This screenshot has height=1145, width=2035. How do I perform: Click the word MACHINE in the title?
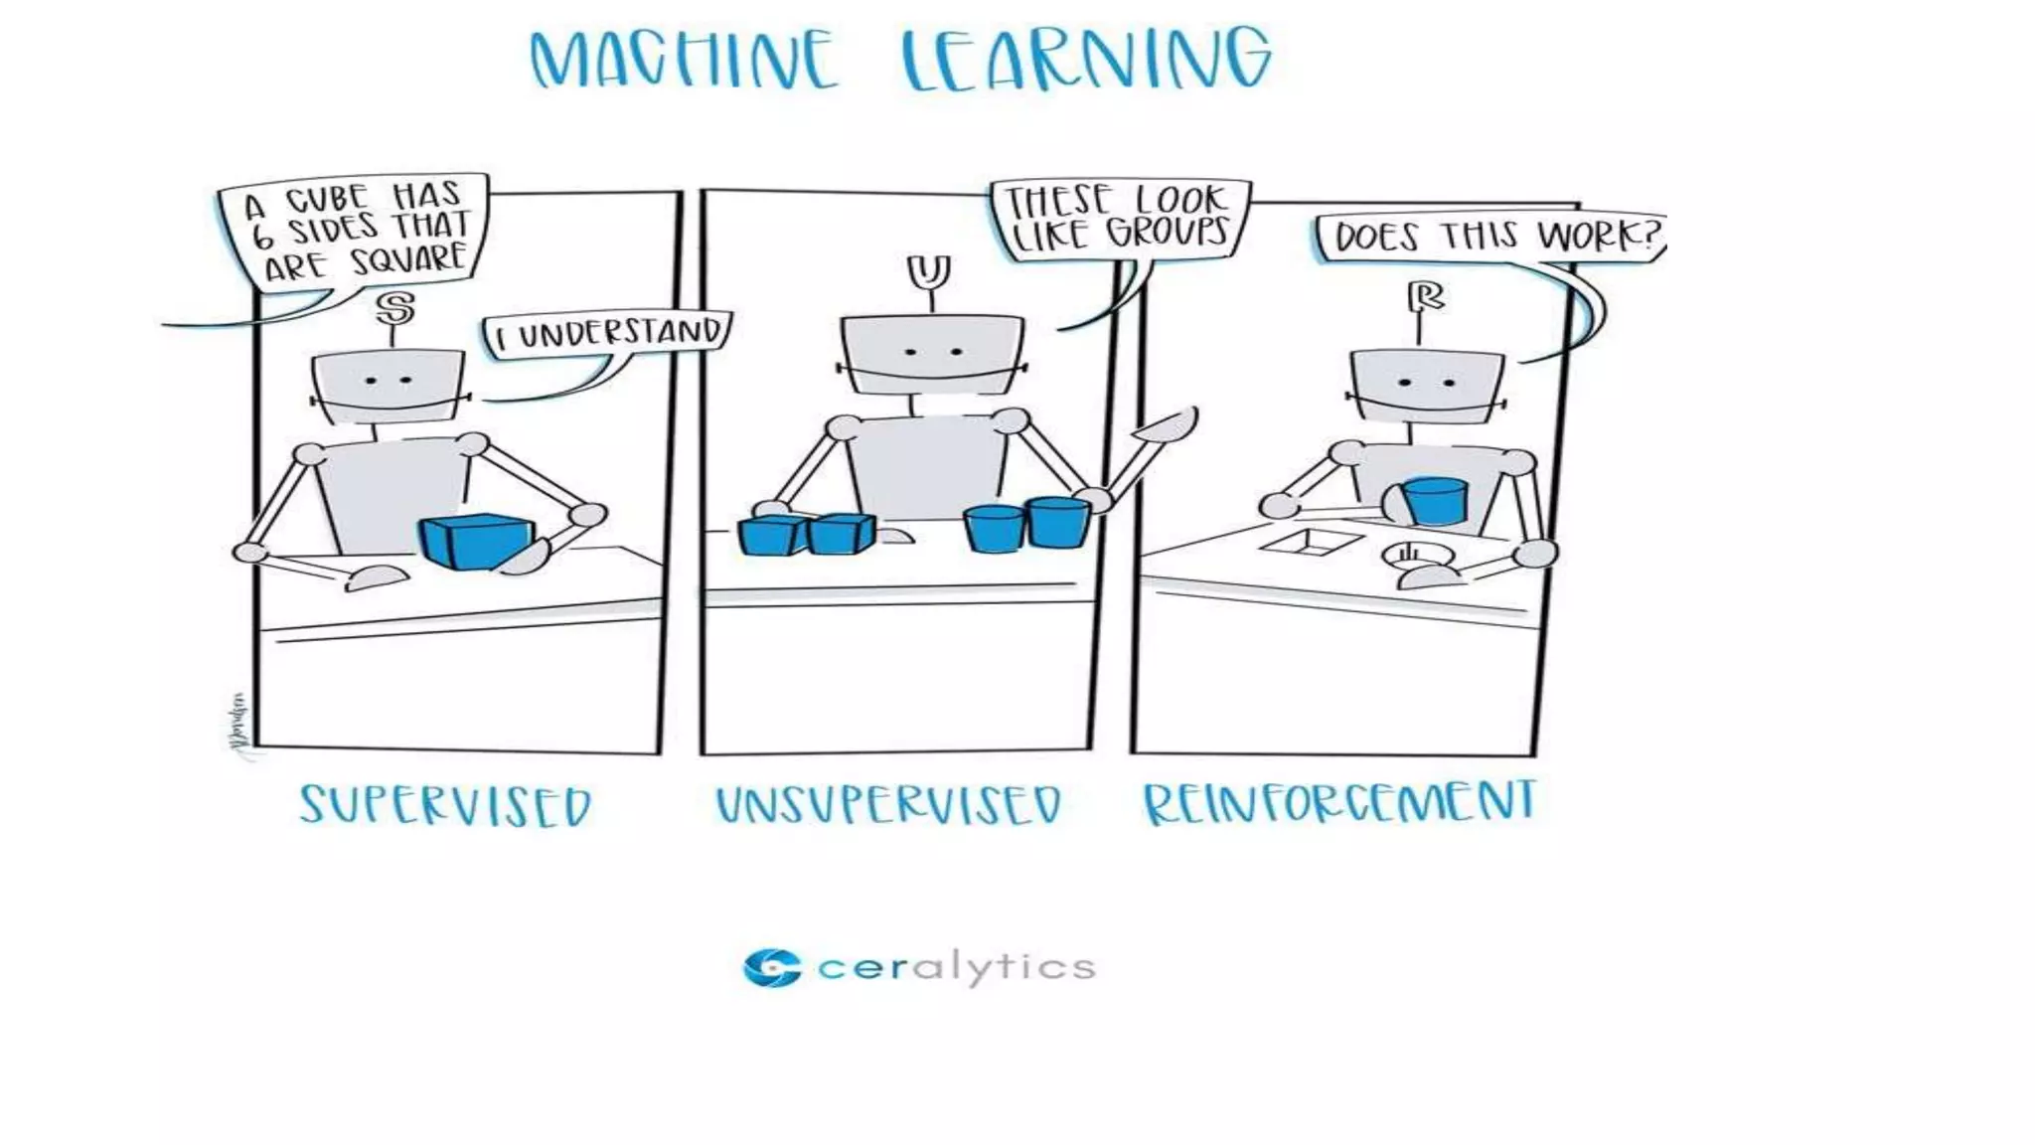(683, 62)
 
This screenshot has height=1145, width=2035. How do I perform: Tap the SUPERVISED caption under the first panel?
(446, 805)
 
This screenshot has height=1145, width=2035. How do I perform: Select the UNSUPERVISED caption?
(888, 805)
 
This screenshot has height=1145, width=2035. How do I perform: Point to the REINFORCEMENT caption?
(1339, 803)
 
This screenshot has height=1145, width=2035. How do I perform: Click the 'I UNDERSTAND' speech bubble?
(608, 334)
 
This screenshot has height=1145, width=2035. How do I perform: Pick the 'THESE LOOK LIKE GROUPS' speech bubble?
(1119, 219)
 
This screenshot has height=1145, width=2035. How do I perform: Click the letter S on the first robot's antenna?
(395, 308)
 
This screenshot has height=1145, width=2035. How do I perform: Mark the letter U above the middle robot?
(928, 270)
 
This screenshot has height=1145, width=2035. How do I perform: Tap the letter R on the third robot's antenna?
(1426, 296)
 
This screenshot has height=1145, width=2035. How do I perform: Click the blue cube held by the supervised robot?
(475, 542)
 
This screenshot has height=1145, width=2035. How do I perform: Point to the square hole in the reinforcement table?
(1311, 542)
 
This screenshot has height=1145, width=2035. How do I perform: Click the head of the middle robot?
(931, 354)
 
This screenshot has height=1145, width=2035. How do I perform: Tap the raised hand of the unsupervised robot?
(1169, 425)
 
